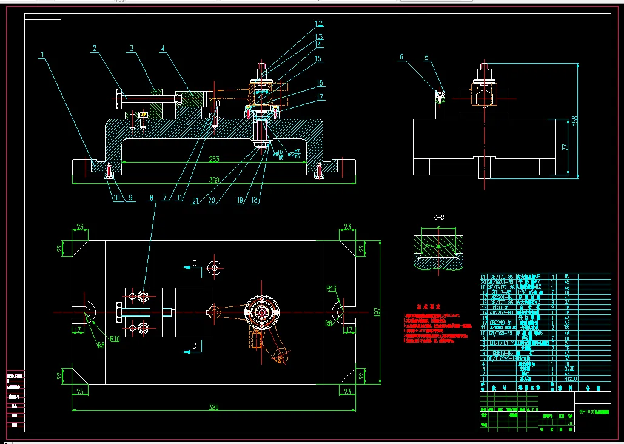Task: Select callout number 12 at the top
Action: click(x=318, y=24)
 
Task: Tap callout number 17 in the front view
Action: click(x=320, y=96)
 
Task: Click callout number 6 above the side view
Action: click(x=401, y=58)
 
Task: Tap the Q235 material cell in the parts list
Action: click(x=569, y=368)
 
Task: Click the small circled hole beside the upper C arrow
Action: click(x=213, y=267)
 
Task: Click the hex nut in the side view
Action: click(x=483, y=98)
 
